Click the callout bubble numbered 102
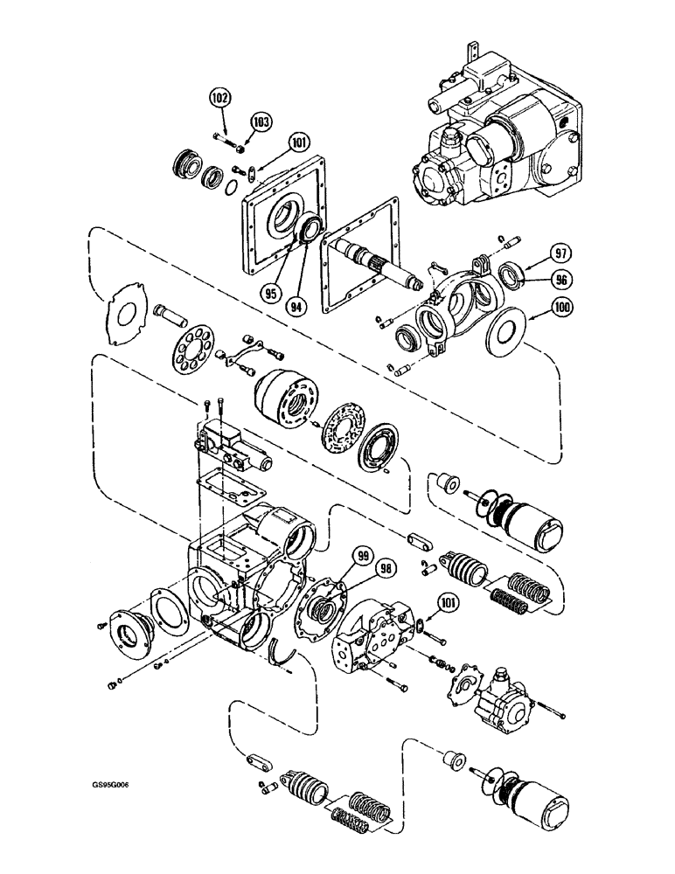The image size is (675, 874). coord(219,99)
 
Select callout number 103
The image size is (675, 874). coord(261,120)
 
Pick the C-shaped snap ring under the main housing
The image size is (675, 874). coord(283,653)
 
